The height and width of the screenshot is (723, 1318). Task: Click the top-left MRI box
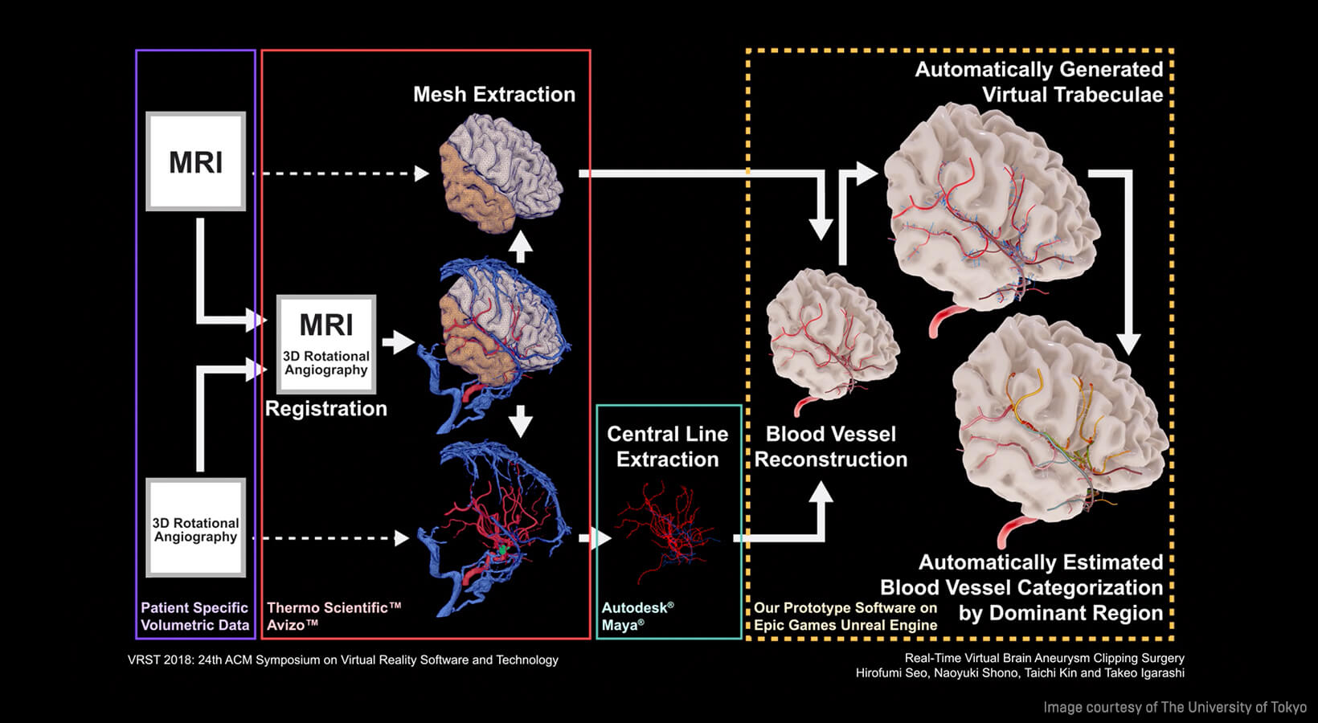(x=195, y=161)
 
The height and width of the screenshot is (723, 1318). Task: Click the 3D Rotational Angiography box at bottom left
(x=195, y=529)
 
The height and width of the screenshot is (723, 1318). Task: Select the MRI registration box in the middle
(x=326, y=344)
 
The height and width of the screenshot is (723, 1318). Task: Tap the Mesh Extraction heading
(x=493, y=95)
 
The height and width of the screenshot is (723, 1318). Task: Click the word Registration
(x=325, y=409)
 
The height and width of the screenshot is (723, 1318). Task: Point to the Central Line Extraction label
(x=667, y=447)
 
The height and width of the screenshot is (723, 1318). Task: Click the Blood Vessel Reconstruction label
(x=830, y=447)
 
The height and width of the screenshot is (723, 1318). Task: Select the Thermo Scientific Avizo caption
(x=334, y=616)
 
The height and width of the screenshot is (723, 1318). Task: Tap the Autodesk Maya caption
(x=637, y=616)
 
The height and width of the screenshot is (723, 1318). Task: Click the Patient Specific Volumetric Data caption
(x=194, y=616)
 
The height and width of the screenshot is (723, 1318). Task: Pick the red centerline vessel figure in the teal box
(x=666, y=530)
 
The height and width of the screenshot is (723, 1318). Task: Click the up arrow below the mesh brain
(x=521, y=247)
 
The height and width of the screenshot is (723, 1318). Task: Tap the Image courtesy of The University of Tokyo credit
(x=1174, y=708)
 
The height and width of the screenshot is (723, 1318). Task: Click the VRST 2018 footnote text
(x=342, y=660)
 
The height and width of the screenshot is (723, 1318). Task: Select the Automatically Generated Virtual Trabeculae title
(x=1038, y=82)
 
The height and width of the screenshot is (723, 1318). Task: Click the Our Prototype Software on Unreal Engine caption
(x=845, y=616)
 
